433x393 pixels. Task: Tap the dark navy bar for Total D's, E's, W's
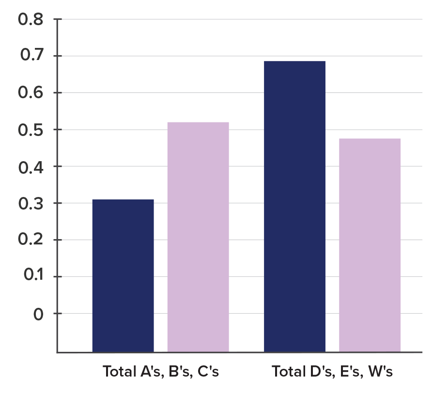pos(294,206)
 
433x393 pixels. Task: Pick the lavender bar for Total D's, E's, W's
pos(370,244)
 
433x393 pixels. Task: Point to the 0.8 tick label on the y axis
pos(30,20)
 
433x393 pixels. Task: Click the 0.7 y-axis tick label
pos(30,56)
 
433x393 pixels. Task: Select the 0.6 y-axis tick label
pos(30,93)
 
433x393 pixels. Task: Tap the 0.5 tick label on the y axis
pos(30,130)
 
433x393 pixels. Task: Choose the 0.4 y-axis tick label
pos(30,166)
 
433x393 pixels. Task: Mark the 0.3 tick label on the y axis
pos(30,203)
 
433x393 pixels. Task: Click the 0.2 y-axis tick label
pos(30,240)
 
